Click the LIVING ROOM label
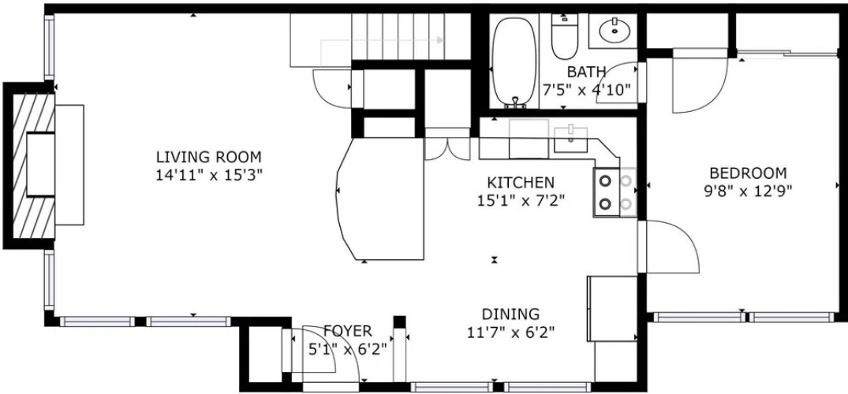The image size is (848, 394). point(209,158)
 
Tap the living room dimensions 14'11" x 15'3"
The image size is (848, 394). point(209,176)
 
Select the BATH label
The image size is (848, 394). point(586,72)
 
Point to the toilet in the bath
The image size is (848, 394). point(565,35)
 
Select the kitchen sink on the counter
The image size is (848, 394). point(570,139)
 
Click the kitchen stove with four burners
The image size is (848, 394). point(615,192)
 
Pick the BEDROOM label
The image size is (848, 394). point(748,173)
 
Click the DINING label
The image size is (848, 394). point(510,314)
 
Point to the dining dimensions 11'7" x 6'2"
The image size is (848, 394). point(510,331)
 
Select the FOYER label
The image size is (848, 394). point(348,331)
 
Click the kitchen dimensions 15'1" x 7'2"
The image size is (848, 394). point(521,200)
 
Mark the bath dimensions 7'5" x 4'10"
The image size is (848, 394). point(586,89)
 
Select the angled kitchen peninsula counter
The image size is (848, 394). point(379,199)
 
